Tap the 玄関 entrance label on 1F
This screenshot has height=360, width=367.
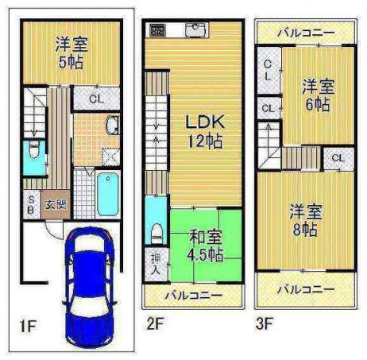[x=56, y=204]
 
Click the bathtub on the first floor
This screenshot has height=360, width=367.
[x=108, y=194]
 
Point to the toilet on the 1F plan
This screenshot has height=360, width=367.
[x=34, y=149]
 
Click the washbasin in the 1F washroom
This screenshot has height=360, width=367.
[x=113, y=125]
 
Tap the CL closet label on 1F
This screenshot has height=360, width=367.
[x=96, y=99]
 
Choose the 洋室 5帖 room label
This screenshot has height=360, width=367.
[x=71, y=53]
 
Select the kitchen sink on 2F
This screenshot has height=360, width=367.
[x=195, y=29]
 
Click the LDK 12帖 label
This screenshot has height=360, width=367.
[x=205, y=132]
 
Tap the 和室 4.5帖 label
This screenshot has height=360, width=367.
[x=205, y=246]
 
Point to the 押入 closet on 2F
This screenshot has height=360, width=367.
[x=156, y=264]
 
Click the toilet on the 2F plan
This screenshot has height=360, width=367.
[x=156, y=233]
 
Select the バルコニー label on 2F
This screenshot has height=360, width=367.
[x=193, y=295]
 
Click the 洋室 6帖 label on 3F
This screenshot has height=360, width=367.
[x=318, y=95]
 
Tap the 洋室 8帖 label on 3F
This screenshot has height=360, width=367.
[x=306, y=220]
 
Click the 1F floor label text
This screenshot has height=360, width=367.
[x=28, y=326]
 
